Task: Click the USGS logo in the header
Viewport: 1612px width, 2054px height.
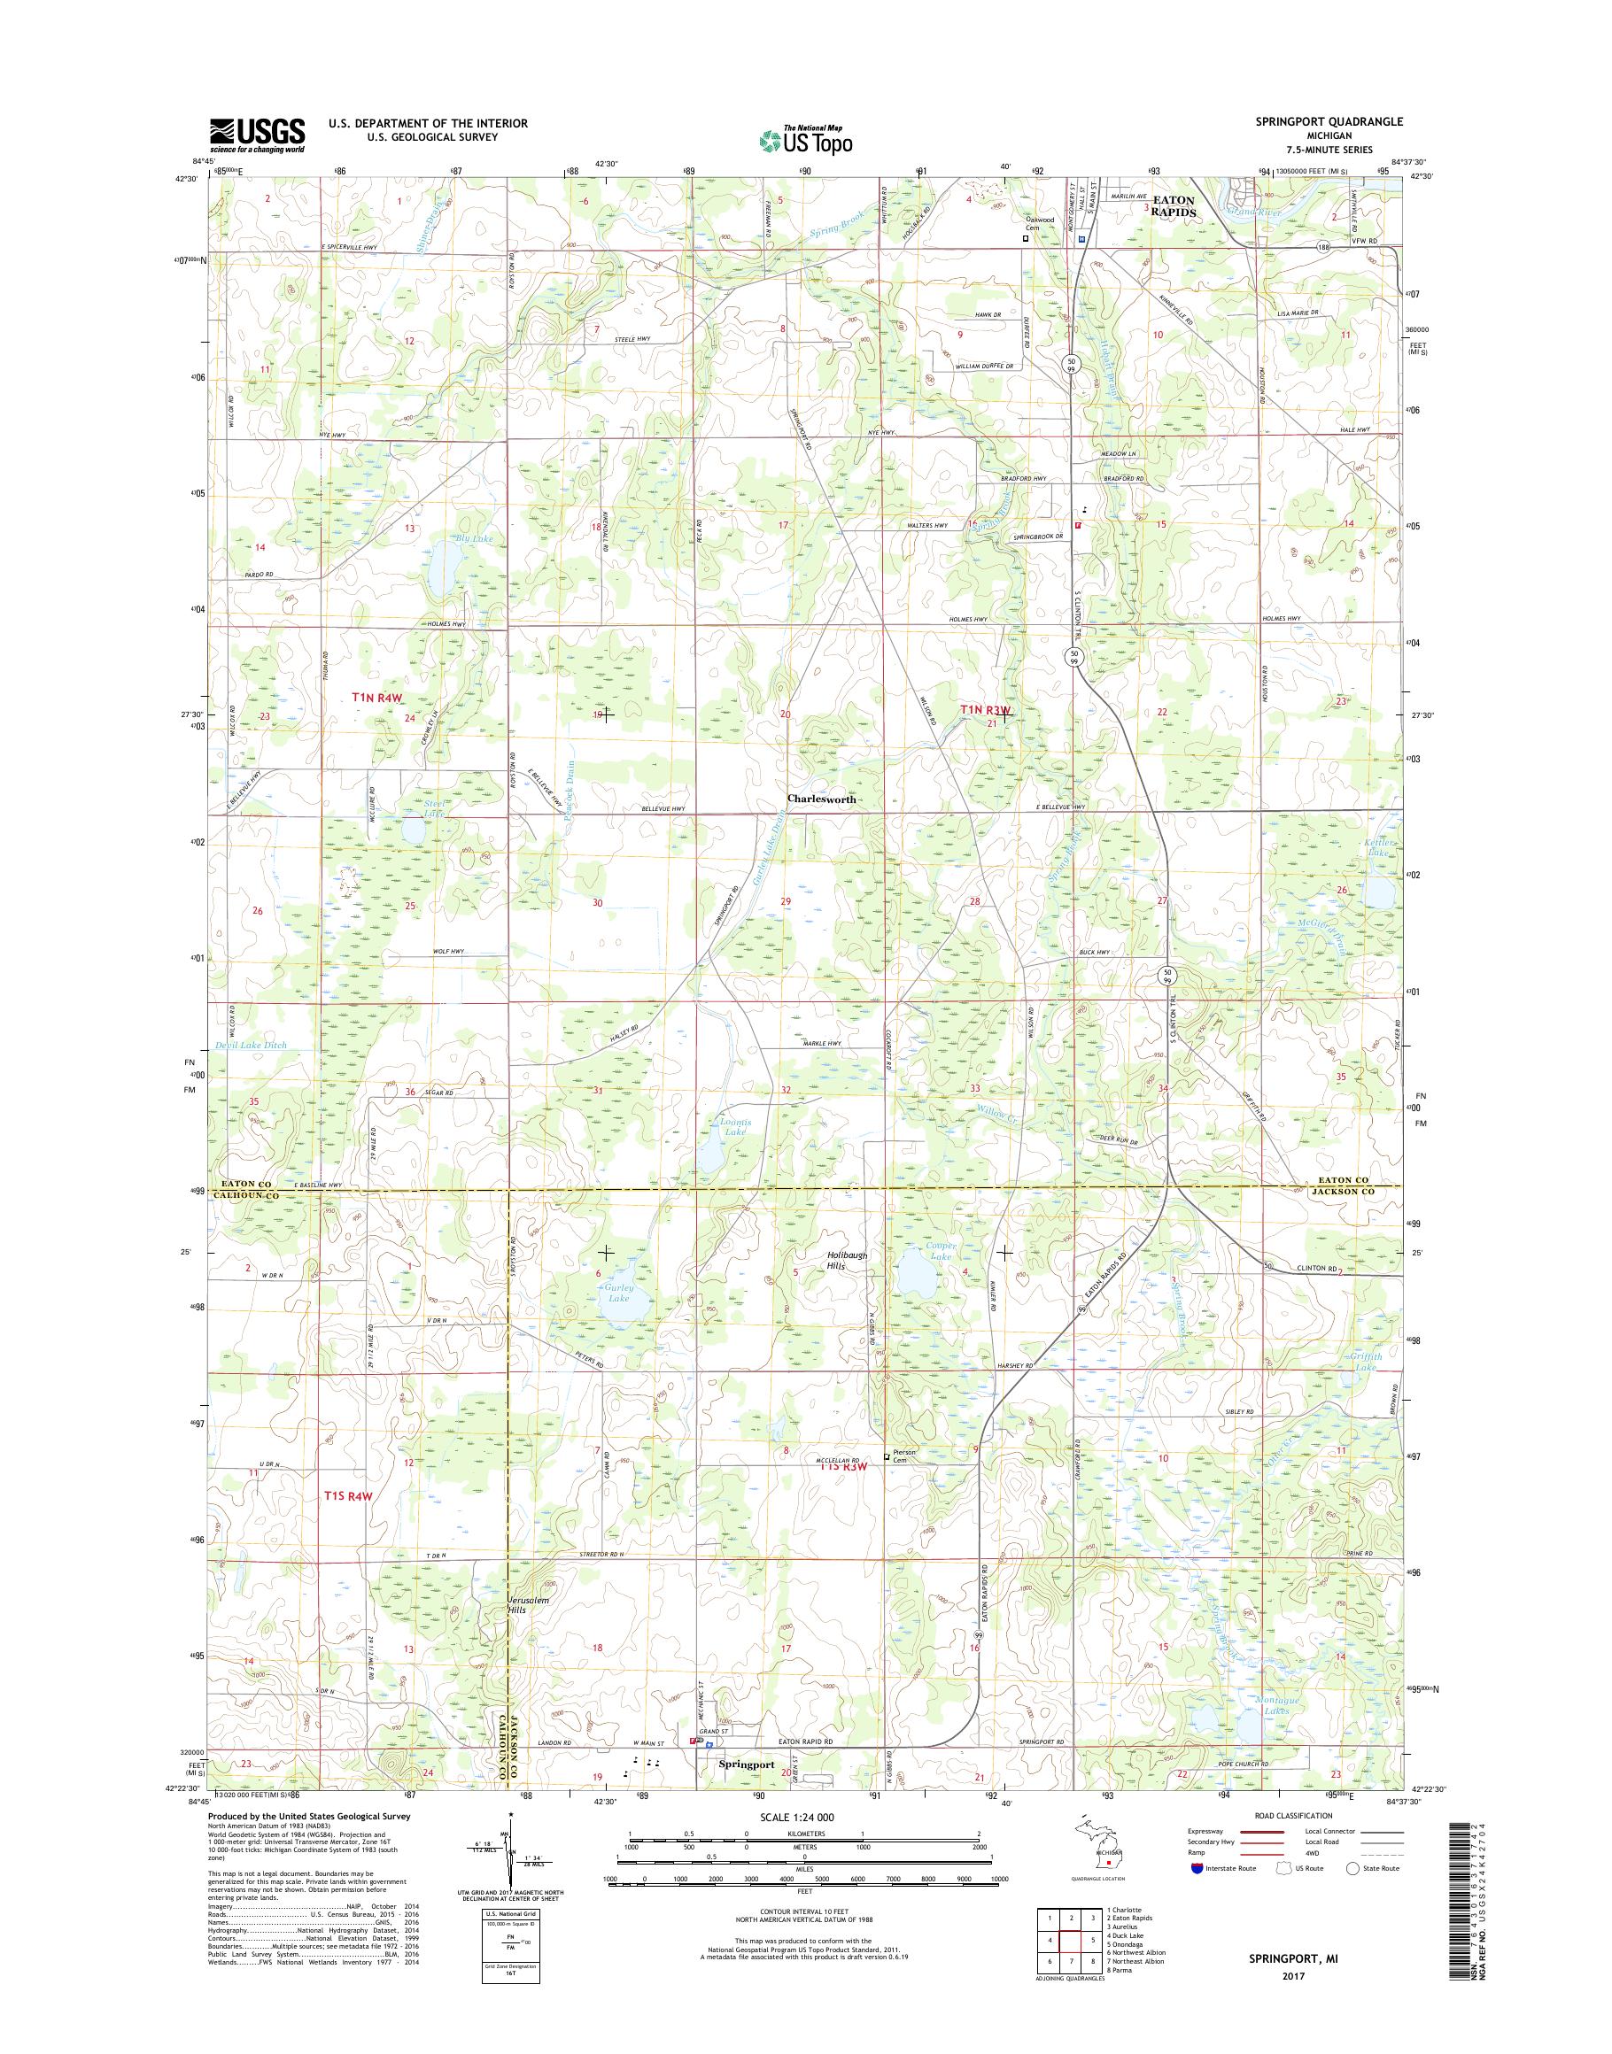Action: pyautogui.click(x=257, y=134)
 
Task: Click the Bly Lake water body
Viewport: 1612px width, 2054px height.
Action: pyautogui.click(x=442, y=565)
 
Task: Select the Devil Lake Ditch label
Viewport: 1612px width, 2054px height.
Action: pyautogui.click(x=251, y=1046)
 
